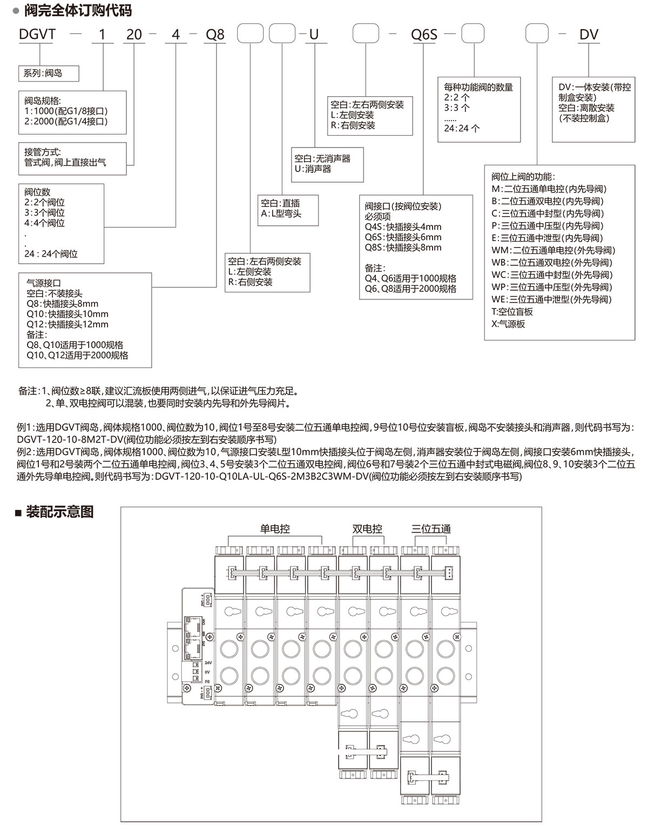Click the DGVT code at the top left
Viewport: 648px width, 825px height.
point(37,35)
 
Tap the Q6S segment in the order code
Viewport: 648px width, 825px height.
point(423,35)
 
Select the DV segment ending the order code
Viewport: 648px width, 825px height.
point(589,35)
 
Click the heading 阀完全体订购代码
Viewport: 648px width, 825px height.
point(78,10)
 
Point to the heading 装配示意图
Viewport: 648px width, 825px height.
point(59,512)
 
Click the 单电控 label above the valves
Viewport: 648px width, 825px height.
point(275,529)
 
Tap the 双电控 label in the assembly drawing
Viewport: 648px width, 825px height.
point(367,529)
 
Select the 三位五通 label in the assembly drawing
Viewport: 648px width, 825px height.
point(430,529)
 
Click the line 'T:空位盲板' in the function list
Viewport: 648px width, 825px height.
point(512,312)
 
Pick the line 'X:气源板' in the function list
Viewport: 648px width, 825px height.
point(508,324)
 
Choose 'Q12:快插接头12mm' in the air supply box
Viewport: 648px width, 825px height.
point(67,324)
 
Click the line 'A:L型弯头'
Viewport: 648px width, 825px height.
point(281,213)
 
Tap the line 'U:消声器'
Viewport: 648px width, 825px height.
point(313,169)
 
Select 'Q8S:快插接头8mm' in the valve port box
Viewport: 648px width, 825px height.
point(403,247)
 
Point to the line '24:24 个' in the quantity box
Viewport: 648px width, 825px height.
point(462,128)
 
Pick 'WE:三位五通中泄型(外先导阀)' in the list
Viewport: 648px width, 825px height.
point(551,299)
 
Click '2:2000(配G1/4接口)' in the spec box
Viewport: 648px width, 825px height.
point(66,121)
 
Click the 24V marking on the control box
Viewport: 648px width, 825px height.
point(208,662)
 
